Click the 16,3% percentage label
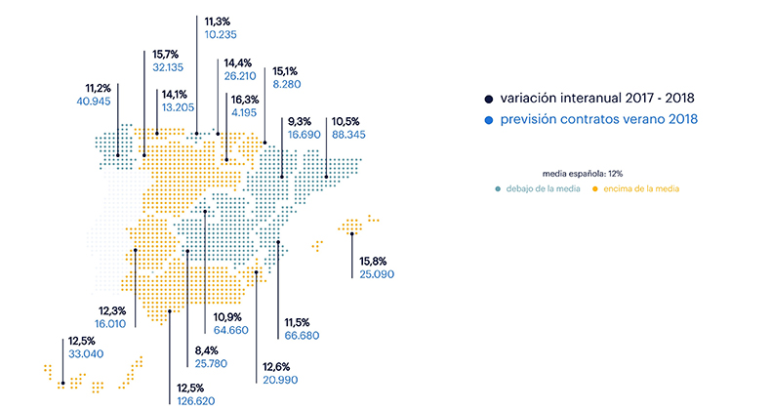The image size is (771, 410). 245,100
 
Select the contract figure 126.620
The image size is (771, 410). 196,401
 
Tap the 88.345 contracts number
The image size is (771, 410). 348,135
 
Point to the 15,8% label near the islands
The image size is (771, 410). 373,261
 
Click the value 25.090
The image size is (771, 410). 377,274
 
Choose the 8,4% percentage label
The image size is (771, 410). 207,350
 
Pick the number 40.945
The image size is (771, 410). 94,102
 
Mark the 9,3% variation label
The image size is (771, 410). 300,121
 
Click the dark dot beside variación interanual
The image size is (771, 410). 488,100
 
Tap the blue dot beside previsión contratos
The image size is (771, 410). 488,120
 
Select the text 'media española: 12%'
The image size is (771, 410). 583,174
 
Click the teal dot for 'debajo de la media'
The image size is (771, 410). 498,188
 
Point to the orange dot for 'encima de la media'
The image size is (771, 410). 595,188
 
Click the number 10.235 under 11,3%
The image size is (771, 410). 221,35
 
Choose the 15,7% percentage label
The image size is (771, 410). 165,54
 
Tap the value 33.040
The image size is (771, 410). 86,354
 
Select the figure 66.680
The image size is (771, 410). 302,336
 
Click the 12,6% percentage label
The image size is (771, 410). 276,367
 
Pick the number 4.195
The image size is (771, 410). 244,112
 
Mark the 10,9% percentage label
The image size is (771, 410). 227,317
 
